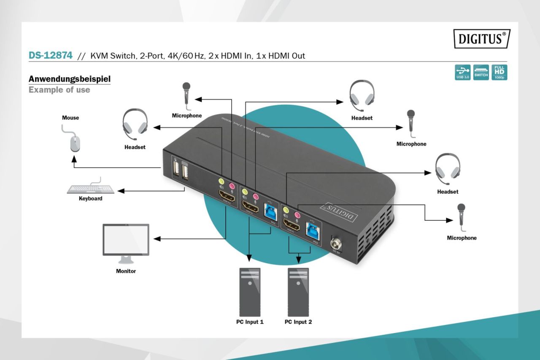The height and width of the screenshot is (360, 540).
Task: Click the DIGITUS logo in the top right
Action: pos(481,38)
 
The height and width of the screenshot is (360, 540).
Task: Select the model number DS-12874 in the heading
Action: pos(50,55)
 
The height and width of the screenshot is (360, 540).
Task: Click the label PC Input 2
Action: pos(298,322)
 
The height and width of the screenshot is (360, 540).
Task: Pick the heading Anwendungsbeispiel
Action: pos(70,79)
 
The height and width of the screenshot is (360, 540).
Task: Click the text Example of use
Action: pos(59,90)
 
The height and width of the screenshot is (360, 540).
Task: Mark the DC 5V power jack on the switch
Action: pos(337,244)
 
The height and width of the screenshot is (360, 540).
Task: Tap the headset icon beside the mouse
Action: pos(135,125)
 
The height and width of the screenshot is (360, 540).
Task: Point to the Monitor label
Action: pos(126,271)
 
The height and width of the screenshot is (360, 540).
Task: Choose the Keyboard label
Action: pos(91,198)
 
